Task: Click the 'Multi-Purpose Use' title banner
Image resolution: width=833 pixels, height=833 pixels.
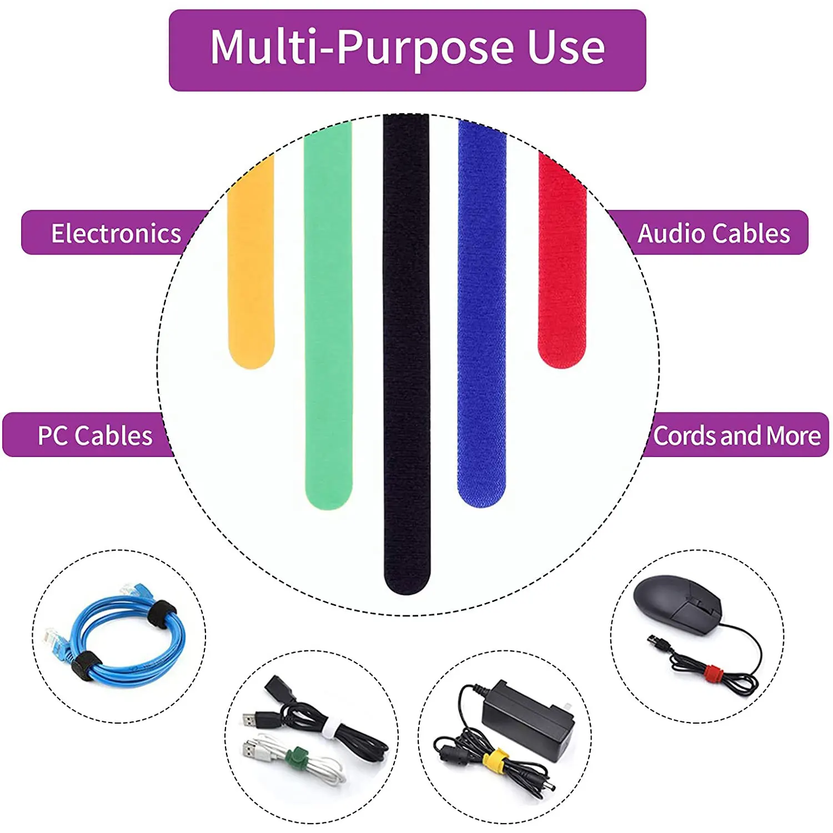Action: point(407,50)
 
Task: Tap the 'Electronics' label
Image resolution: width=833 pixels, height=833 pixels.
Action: point(116,233)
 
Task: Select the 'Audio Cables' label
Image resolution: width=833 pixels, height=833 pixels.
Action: point(714,233)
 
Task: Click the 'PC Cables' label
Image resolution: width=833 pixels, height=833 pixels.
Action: point(94,435)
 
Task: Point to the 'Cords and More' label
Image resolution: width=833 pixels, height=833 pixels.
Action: point(736,435)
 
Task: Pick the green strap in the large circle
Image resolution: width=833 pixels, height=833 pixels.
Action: point(328,317)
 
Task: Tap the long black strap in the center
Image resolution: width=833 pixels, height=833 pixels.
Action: point(407,355)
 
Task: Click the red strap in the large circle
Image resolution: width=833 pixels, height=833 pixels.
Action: point(562,261)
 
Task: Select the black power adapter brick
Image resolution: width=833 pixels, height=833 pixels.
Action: point(528,719)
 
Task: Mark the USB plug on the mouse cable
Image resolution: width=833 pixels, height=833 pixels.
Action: point(659,643)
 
